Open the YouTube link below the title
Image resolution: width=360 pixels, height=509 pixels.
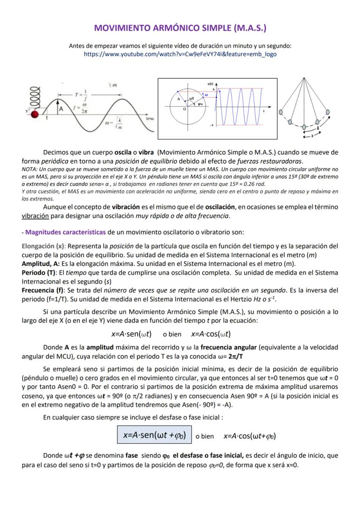(180, 54)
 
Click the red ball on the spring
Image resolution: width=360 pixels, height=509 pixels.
(35, 114)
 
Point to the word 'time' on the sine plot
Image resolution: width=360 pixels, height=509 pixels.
(150, 118)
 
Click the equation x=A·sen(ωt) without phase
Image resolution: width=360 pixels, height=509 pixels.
(131, 334)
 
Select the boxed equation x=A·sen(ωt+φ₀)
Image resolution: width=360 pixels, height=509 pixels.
(154, 435)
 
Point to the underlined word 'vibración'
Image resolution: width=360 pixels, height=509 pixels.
(36, 216)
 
